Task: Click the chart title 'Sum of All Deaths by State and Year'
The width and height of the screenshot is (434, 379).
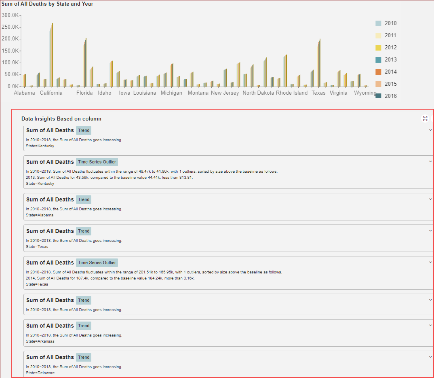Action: pyautogui.click(x=47, y=4)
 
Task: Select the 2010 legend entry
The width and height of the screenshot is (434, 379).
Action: pyautogui.click(x=390, y=23)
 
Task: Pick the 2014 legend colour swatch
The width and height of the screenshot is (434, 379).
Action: pyautogui.click(x=378, y=72)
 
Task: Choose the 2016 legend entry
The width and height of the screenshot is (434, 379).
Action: pyautogui.click(x=390, y=96)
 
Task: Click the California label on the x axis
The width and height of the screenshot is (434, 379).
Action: pyautogui.click(x=51, y=93)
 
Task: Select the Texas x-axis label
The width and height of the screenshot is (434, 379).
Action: pyautogui.click(x=318, y=93)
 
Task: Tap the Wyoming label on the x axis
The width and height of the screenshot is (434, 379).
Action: pyautogui.click(x=365, y=93)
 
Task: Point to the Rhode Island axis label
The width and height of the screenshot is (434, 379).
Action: pyautogui.click(x=292, y=93)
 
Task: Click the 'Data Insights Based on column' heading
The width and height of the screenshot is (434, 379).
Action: pyautogui.click(x=61, y=119)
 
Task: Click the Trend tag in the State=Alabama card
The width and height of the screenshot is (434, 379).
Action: pyautogui.click(x=84, y=199)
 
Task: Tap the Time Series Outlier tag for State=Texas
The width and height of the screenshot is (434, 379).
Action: pyautogui.click(x=97, y=263)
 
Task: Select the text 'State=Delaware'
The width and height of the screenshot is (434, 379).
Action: pyautogui.click(x=40, y=373)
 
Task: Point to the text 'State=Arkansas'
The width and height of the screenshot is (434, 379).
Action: pyautogui.click(x=40, y=341)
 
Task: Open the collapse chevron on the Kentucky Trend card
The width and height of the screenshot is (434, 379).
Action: pyautogui.click(x=430, y=130)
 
